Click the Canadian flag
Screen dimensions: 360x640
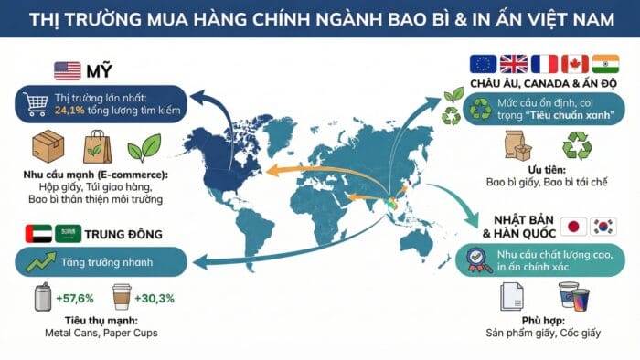point(573,64)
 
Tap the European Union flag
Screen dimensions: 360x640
point(482,64)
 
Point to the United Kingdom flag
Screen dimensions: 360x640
point(513,64)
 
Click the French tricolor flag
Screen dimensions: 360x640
point(543,64)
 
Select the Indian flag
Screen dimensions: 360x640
point(604,64)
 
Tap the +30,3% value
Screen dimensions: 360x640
point(155,299)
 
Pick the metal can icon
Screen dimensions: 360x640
point(39,298)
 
